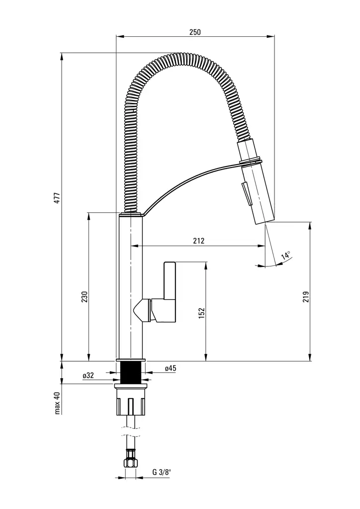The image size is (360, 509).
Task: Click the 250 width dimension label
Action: click(x=195, y=32)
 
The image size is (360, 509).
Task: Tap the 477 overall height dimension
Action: click(x=57, y=198)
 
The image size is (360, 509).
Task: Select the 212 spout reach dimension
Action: click(x=198, y=241)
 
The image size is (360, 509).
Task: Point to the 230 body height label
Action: click(x=85, y=297)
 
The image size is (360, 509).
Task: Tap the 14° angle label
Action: click(x=286, y=255)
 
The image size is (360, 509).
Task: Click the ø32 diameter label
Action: click(x=89, y=375)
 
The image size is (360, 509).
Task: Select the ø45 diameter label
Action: click(x=171, y=368)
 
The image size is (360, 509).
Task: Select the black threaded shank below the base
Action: click(x=131, y=372)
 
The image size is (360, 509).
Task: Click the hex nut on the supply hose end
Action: click(x=131, y=460)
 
